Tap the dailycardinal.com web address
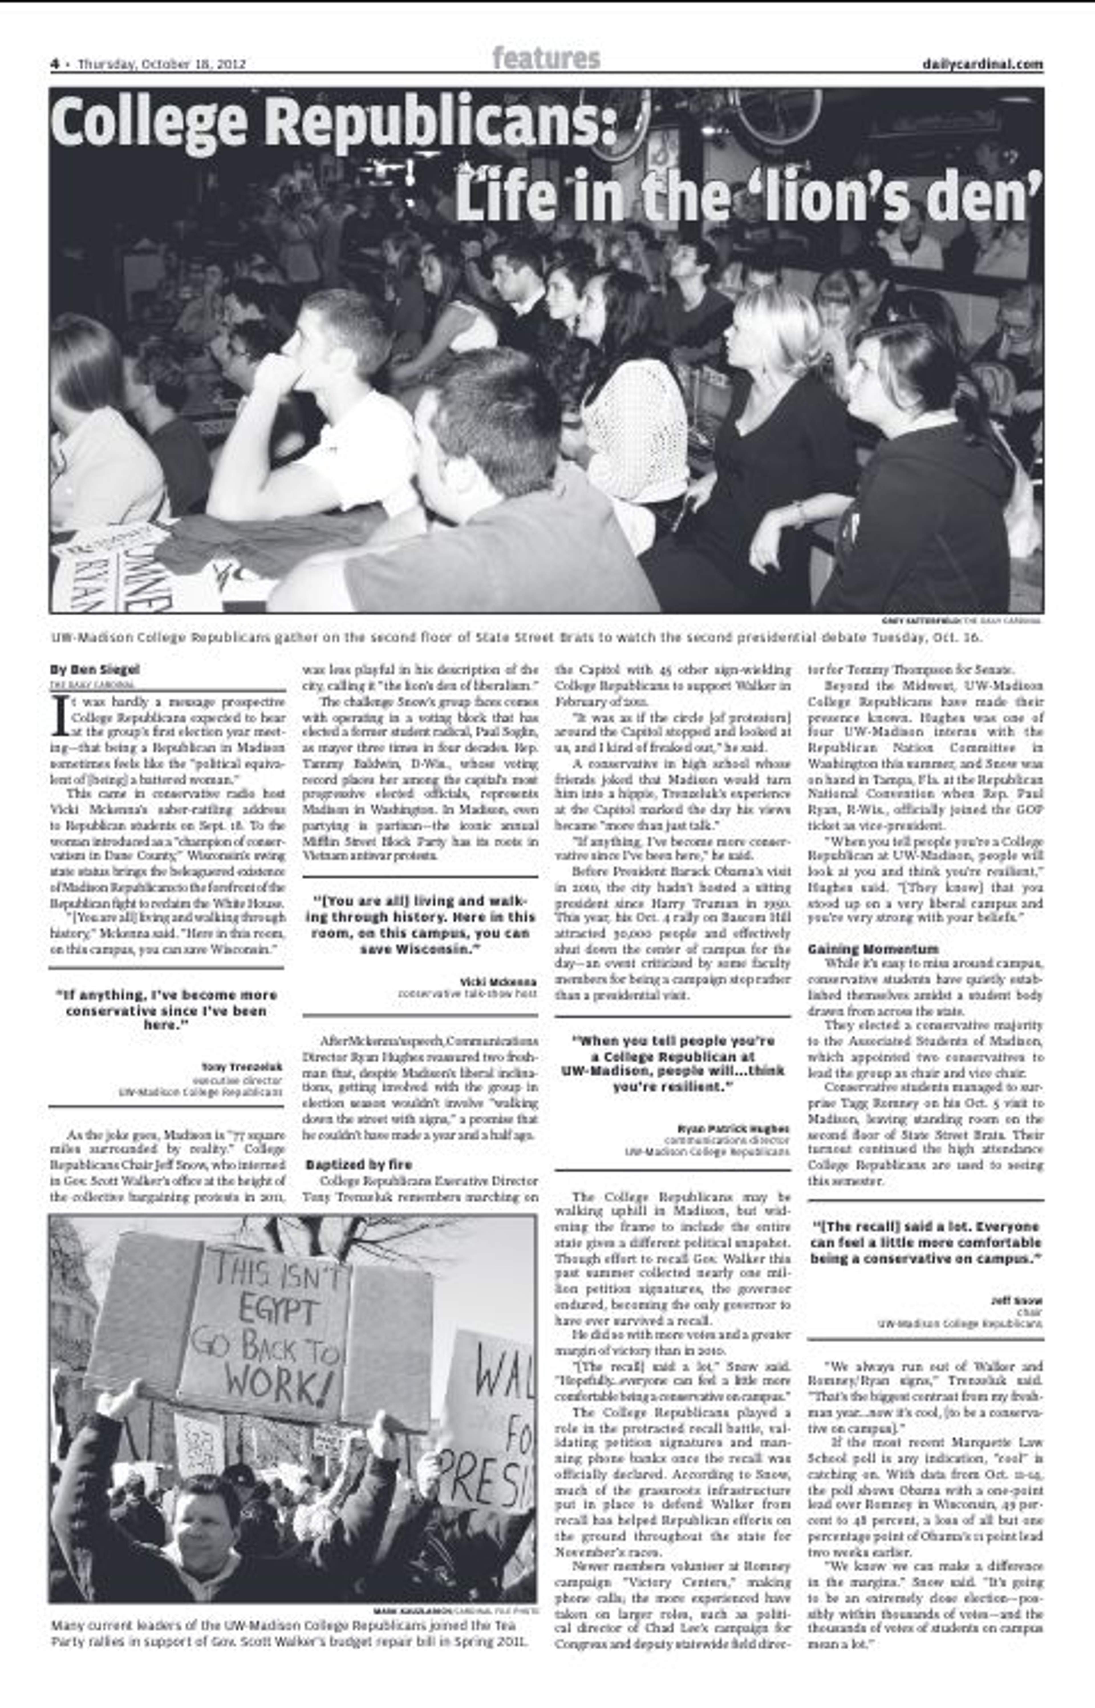[x=982, y=64]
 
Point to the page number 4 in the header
[x=54, y=64]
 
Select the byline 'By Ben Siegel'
[x=95, y=670]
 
